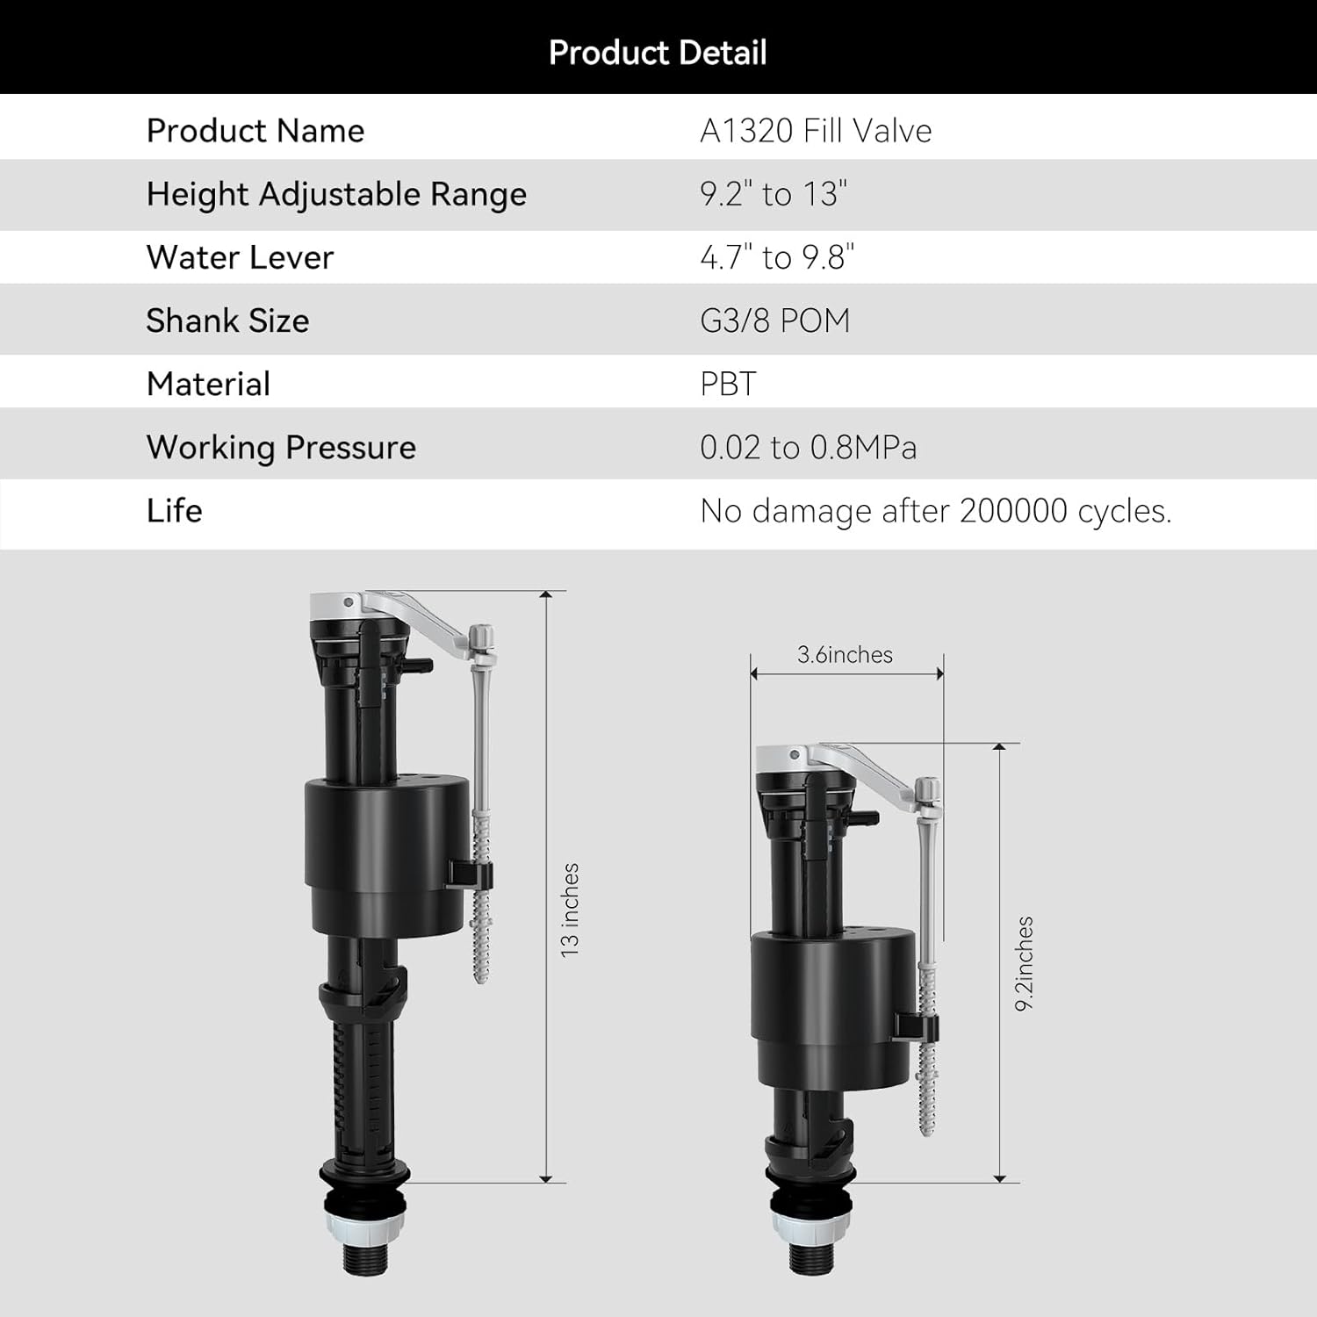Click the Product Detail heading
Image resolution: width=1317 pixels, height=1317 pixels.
pyautogui.click(x=658, y=53)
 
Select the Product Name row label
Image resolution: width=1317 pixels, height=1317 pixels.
pyautogui.click(x=255, y=131)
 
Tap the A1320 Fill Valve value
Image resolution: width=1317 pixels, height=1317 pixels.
pyautogui.click(x=816, y=131)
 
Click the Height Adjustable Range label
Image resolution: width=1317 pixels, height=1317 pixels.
pyautogui.click(x=336, y=194)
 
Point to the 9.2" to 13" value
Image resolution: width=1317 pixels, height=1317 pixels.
pyautogui.click(x=774, y=194)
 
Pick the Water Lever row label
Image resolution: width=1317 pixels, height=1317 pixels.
pyautogui.click(x=240, y=257)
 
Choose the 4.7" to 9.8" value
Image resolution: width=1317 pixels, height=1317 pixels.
pyautogui.click(x=777, y=257)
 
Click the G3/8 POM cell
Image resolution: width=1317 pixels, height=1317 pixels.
pyautogui.click(x=775, y=320)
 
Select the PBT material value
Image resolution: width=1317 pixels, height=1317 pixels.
pyautogui.click(x=728, y=384)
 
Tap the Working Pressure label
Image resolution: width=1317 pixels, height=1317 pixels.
pyautogui.click(x=281, y=448)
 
